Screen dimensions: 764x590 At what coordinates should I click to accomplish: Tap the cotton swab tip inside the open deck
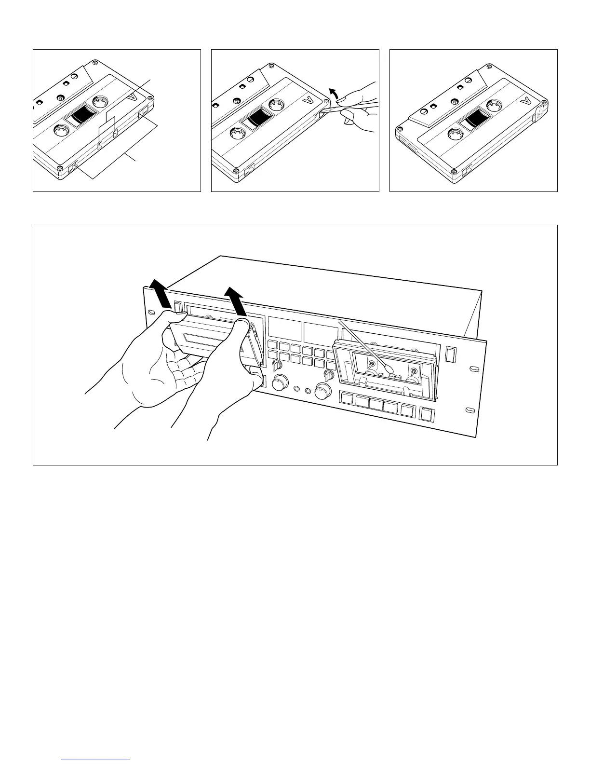(386, 372)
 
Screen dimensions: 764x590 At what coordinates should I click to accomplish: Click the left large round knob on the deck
(279, 384)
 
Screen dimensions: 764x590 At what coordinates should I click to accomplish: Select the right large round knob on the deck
(323, 391)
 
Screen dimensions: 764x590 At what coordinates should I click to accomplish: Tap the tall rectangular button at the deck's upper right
(451, 355)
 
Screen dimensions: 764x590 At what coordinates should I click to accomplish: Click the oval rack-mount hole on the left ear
(152, 313)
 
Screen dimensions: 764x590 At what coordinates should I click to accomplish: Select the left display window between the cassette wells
(283, 328)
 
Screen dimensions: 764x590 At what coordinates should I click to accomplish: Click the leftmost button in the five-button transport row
(348, 398)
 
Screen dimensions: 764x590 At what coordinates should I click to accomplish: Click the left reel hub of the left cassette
(59, 131)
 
